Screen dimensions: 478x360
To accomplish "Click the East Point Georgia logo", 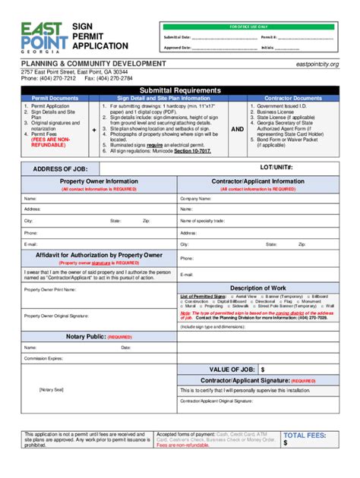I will coord(42,36).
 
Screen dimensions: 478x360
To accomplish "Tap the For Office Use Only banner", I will coord(248,27).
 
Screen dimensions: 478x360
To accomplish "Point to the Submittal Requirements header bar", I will coord(179,88).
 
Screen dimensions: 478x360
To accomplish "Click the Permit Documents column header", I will coord(54,98).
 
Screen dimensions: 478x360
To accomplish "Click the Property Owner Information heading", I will coord(99,182).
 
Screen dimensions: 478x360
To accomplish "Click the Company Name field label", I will coord(195,198).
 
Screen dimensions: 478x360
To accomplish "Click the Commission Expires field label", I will coord(42,357).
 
